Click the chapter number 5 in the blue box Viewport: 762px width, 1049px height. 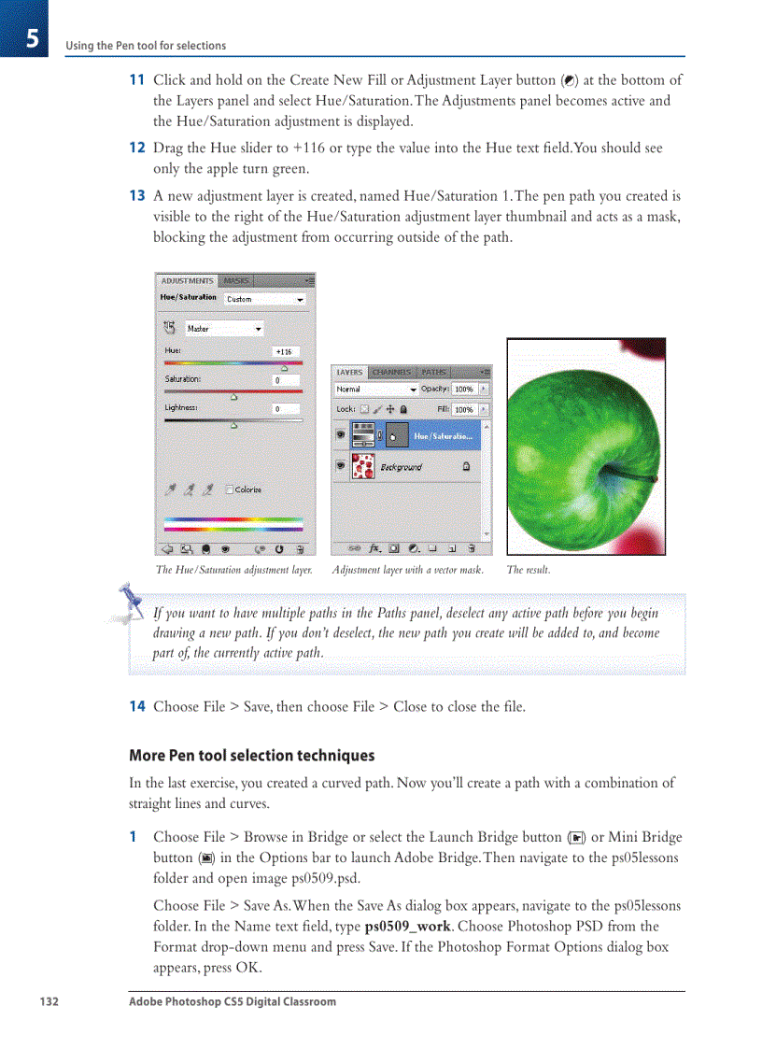click(31, 38)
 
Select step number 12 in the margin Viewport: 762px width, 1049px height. click(136, 148)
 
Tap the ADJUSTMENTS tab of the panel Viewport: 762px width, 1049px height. click(187, 280)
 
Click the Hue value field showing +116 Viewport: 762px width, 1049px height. click(286, 351)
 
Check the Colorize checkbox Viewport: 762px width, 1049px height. click(230, 489)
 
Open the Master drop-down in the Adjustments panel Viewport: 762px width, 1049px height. click(224, 329)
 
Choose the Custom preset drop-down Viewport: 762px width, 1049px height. click(265, 299)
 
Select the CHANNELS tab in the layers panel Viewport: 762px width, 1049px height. click(391, 372)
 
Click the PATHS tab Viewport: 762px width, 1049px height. click(434, 372)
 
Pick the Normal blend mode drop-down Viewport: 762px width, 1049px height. click(375, 389)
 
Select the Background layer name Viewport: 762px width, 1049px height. click(401, 466)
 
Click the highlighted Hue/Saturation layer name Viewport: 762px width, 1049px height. click(443, 436)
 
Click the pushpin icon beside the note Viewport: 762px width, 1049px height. click(128, 599)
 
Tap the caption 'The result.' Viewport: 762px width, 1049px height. click(529, 570)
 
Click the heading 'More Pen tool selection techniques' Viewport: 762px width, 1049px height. click(251, 755)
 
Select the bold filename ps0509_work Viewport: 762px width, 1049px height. click(407, 927)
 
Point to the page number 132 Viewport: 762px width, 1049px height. click(49, 1001)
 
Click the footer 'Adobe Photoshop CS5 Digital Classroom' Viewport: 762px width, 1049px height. click(233, 1001)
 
